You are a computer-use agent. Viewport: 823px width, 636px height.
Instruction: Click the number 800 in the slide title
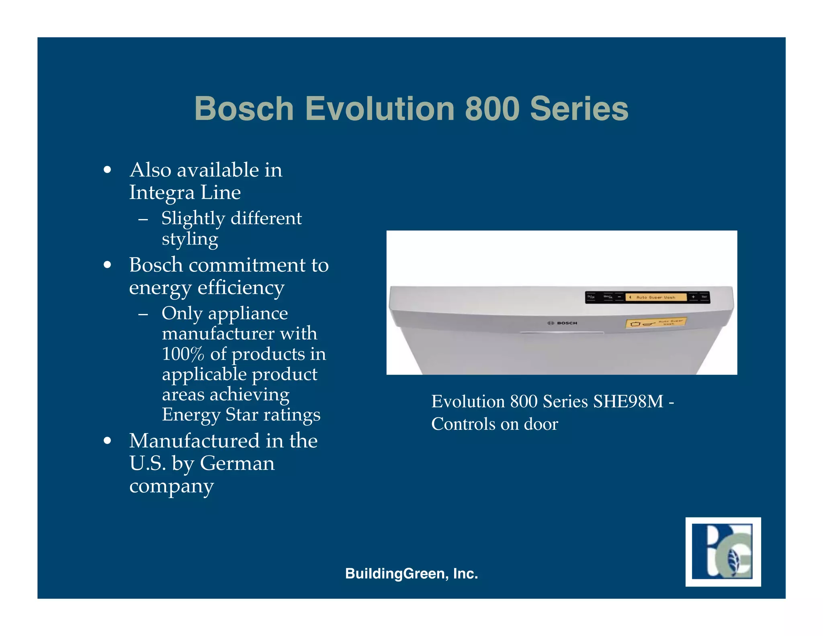(492, 109)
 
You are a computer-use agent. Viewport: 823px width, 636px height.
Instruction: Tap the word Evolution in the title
(380, 109)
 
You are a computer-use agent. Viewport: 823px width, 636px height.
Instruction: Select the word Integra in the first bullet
(162, 193)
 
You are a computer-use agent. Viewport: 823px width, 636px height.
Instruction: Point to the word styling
(190, 239)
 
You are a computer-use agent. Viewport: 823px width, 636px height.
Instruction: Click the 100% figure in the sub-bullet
(183, 354)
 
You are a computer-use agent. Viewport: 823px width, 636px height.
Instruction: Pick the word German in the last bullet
(237, 463)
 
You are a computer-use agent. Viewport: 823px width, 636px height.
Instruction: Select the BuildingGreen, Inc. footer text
(411, 573)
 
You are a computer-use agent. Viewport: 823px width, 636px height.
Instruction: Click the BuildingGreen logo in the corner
(723, 552)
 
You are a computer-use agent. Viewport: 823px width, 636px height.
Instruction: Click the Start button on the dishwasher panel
(704, 297)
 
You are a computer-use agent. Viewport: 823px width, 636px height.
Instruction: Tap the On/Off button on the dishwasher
(591, 297)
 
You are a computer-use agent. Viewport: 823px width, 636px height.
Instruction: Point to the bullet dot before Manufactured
(107, 441)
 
